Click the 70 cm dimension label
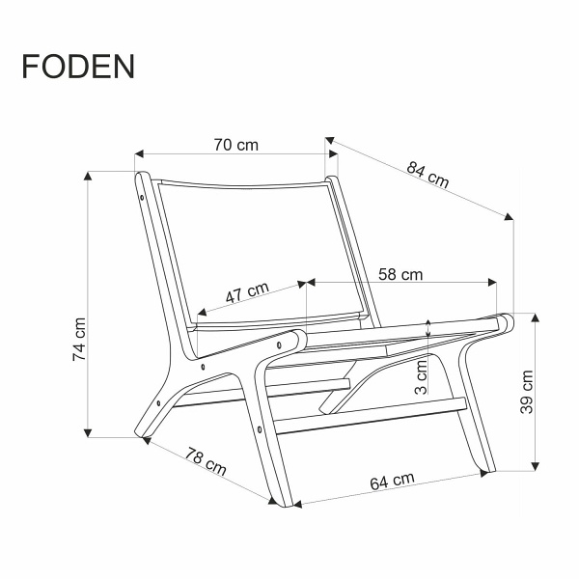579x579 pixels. tap(235, 145)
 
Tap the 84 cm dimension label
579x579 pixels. tap(427, 176)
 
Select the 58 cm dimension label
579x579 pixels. tap(400, 274)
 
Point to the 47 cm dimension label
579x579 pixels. tap(247, 292)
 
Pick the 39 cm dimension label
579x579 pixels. tap(527, 392)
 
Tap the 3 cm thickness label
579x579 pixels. tap(421, 377)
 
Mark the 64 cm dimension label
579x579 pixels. tap(392, 480)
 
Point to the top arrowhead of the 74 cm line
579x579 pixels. tap(89, 176)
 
